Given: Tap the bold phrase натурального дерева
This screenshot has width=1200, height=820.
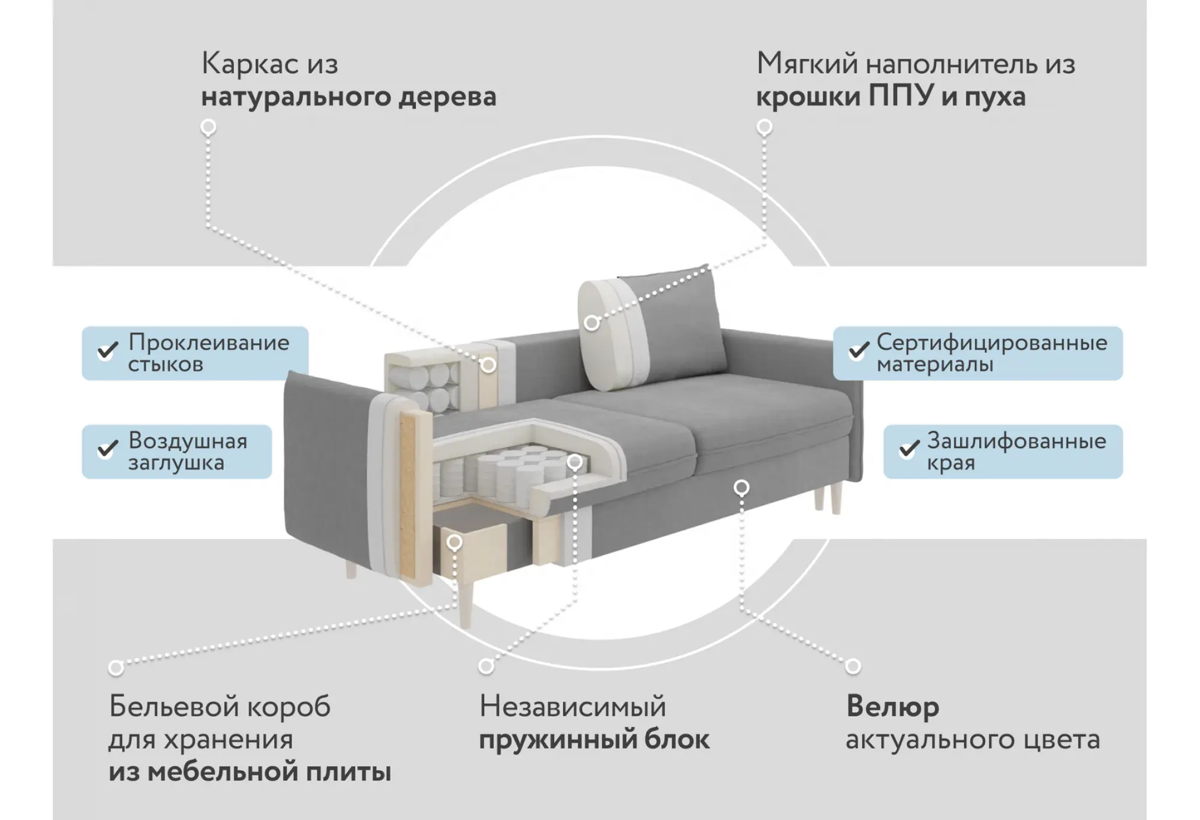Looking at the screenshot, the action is pyautogui.click(x=349, y=97).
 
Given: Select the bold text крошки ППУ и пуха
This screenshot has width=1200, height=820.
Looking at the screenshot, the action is pyautogui.click(x=890, y=97).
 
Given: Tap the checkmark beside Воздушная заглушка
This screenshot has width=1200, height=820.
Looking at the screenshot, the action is pyautogui.click(x=108, y=448).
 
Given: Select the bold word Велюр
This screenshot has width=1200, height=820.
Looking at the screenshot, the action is pyautogui.click(x=893, y=707).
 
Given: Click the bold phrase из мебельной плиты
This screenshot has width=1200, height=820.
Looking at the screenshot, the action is pyautogui.click(x=250, y=772).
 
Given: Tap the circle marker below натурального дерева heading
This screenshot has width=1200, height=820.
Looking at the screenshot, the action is pyautogui.click(x=208, y=127).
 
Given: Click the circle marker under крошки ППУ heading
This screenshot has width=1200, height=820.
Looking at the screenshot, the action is pyautogui.click(x=764, y=127).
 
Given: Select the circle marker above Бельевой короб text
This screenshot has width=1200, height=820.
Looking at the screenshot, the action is pyautogui.click(x=116, y=668).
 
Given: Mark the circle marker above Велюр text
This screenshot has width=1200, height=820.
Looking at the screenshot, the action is pyautogui.click(x=853, y=666).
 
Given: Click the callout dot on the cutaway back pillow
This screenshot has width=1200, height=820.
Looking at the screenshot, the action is pyautogui.click(x=592, y=323).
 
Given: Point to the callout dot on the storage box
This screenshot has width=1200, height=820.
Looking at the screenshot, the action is pyautogui.click(x=455, y=542).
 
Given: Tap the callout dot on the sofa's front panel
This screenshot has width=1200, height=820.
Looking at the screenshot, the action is pyautogui.click(x=742, y=488).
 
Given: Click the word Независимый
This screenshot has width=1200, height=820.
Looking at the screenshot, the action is pyautogui.click(x=572, y=707).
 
